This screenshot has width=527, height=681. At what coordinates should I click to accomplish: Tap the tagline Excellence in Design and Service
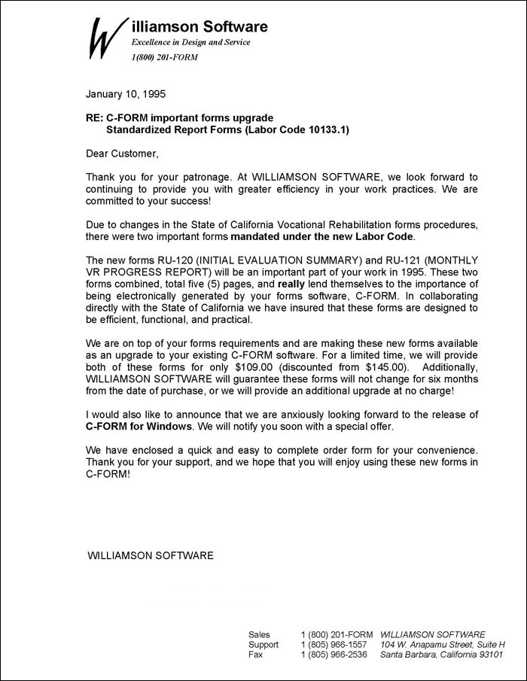pyautogui.click(x=190, y=43)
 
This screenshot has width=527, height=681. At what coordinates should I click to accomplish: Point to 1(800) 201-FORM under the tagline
pyautogui.click(x=164, y=57)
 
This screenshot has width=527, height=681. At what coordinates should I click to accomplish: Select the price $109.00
pyautogui.click(x=230, y=366)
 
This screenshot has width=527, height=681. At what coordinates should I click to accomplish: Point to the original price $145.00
pyautogui.click(x=359, y=366)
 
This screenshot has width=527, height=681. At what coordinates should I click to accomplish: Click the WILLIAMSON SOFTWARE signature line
pyautogui.click(x=151, y=555)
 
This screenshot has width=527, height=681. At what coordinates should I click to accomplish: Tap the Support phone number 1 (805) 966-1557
pyautogui.click(x=334, y=645)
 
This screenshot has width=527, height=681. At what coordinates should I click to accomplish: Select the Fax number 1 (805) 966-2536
pyautogui.click(x=334, y=655)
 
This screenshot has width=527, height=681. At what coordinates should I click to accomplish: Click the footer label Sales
pyautogui.click(x=259, y=634)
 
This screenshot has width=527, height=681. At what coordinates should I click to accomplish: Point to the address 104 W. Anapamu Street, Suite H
pyautogui.click(x=443, y=645)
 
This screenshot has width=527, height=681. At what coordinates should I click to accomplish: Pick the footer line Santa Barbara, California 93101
pyautogui.click(x=441, y=655)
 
